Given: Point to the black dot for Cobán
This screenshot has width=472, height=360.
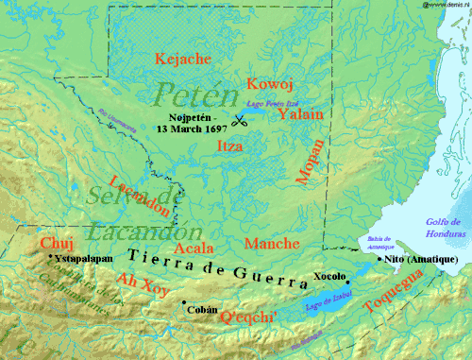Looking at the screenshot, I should (x=183, y=302).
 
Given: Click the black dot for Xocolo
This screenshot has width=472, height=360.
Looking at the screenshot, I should (x=347, y=282).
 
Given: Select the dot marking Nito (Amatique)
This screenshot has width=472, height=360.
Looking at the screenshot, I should (x=379, y=258).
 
